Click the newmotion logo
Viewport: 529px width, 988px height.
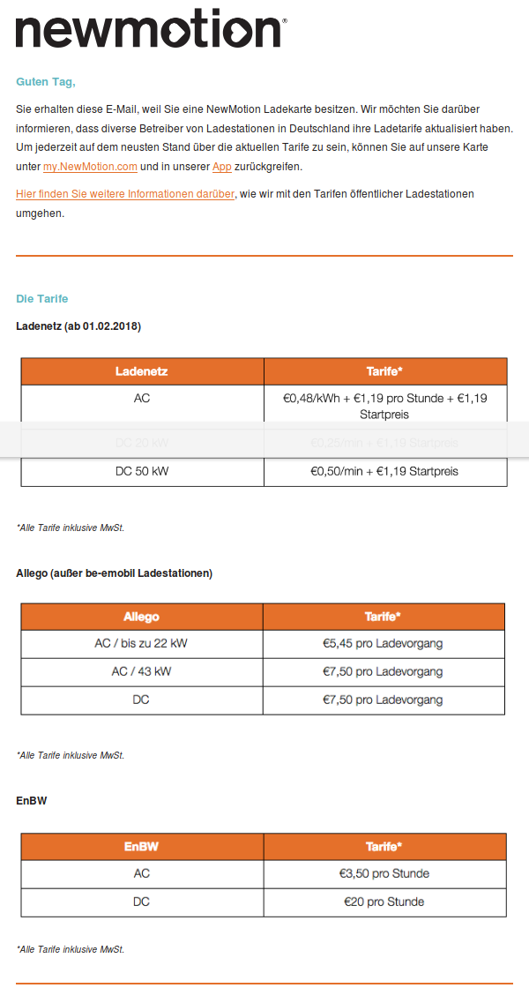click(151, 30)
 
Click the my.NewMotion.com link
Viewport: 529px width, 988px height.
click(90, 167)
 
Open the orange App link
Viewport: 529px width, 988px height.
click(221, 167)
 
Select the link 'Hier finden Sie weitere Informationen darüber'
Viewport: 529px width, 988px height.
click(125, 193)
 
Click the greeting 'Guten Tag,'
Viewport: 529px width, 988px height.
click(46, 82)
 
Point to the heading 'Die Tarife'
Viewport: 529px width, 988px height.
click(41, 299)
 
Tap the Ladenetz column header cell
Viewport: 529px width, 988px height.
click(142, 371)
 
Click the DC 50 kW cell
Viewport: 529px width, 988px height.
click(142, 472)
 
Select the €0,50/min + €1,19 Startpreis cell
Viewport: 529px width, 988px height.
click(384, 472)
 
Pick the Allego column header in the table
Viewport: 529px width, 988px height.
click(141, 617)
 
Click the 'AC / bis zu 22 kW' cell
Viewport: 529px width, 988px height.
click(141, 644)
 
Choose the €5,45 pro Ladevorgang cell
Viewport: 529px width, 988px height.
click(383, 644)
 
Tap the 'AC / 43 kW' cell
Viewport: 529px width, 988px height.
click(141, 672)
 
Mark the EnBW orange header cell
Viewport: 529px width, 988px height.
click(142, 847)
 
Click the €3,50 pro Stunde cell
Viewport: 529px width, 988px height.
click(384, 874)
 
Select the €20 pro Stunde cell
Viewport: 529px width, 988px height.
click(384, 902)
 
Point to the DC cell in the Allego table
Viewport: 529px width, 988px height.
click(141, 700)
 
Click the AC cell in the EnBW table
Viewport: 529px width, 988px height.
click(142, 874)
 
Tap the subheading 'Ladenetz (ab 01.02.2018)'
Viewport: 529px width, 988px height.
click(78, 326)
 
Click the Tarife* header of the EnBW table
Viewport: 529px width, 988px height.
click(384, 847)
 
